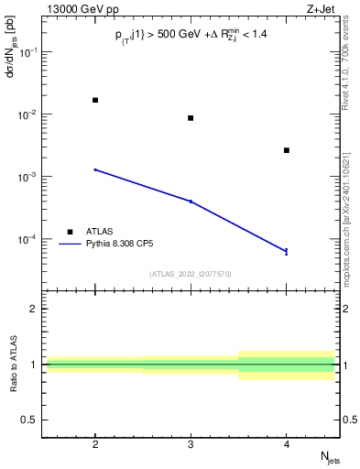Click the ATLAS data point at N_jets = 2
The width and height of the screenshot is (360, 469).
(x=95, y=100)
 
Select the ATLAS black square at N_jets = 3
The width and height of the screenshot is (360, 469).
(x=191, y=118)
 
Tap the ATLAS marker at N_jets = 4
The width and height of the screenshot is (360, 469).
(x=287, y=150)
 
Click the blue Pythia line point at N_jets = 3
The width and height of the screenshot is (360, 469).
(x=191, y=201)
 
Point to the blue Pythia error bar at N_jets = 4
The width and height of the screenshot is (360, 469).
(x=287, y=251)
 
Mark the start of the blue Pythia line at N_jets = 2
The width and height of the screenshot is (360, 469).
(x=95, y=169)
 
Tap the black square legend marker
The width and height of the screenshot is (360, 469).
(x=70, y=232)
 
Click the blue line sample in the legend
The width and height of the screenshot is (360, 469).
(x=70, y=245)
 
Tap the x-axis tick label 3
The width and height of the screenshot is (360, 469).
(x=191, y=443)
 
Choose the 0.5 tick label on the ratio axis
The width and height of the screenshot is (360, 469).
(x=32, y=420)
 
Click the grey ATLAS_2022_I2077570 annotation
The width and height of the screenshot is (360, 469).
(x=191, y=274)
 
